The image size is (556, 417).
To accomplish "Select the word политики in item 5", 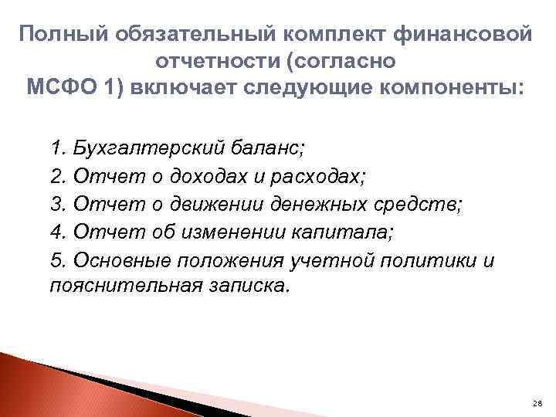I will tap(429, 261).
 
